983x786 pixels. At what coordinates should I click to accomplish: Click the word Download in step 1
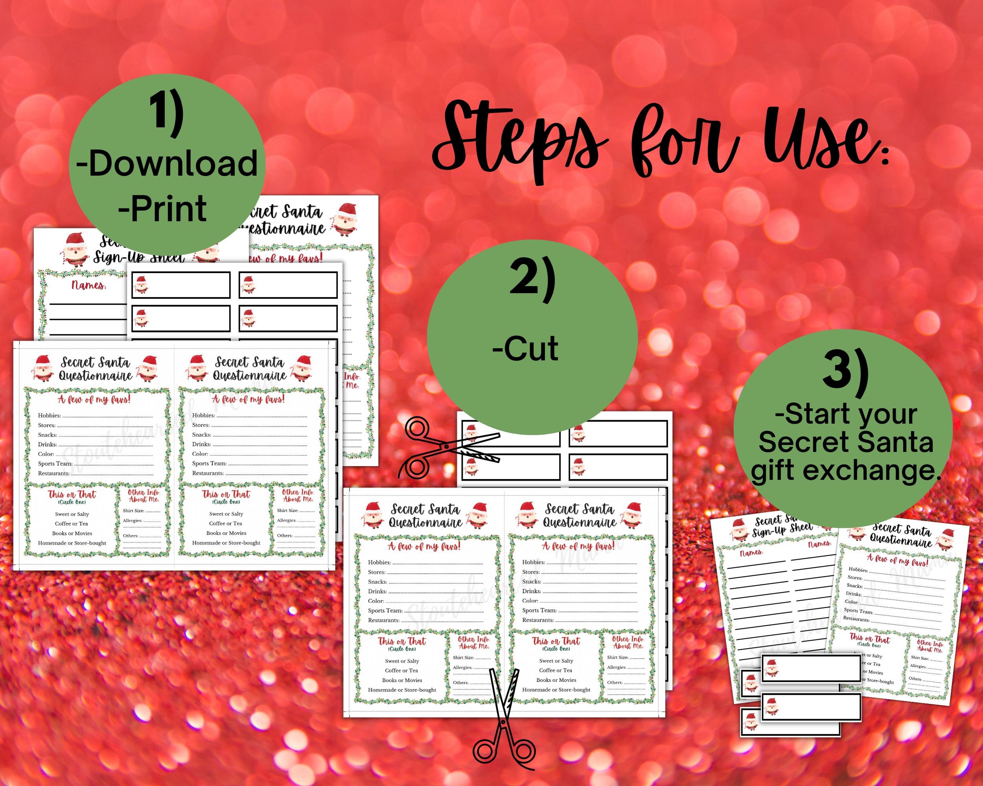coord(173,163)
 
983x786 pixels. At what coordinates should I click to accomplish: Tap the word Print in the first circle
coord(168,209)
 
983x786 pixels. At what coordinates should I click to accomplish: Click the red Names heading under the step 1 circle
coord(88,286)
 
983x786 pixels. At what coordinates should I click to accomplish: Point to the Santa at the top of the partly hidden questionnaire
coord(346,219)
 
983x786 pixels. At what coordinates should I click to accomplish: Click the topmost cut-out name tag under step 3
coord(811,669)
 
